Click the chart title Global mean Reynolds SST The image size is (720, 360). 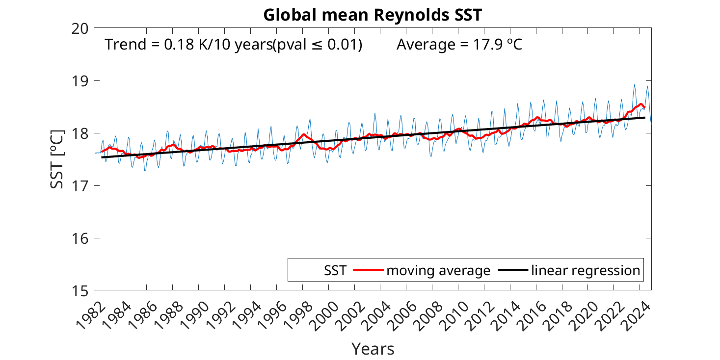pyautogui.click(x=373, y=15)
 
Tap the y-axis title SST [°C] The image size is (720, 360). pyautogui.click(x=57, y=159)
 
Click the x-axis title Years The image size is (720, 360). pyautogui.click(x=373, y=349)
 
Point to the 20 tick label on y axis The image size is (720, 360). pyautogui.click(x=80, y=28)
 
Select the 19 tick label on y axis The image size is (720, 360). pyautogui.click(x=80, y=81)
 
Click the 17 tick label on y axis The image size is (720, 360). pyautogui.click(x=80, y=186)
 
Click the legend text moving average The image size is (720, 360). pyautogui.click(x=438, y=270)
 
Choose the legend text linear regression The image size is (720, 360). pyautogui.click(x=586, y=270)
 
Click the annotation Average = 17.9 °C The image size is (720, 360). pyautogui.click(x=459, y=45)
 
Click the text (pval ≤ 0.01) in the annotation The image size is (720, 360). pyautogui.click(x=318, y=45)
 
